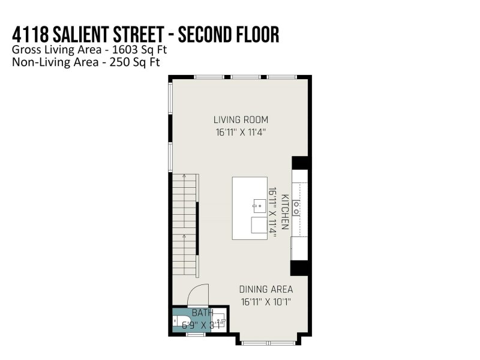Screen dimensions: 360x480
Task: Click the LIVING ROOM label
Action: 241,119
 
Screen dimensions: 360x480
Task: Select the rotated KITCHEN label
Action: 286,214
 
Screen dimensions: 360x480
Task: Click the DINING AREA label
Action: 266,289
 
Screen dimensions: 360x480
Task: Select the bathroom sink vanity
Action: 220,322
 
